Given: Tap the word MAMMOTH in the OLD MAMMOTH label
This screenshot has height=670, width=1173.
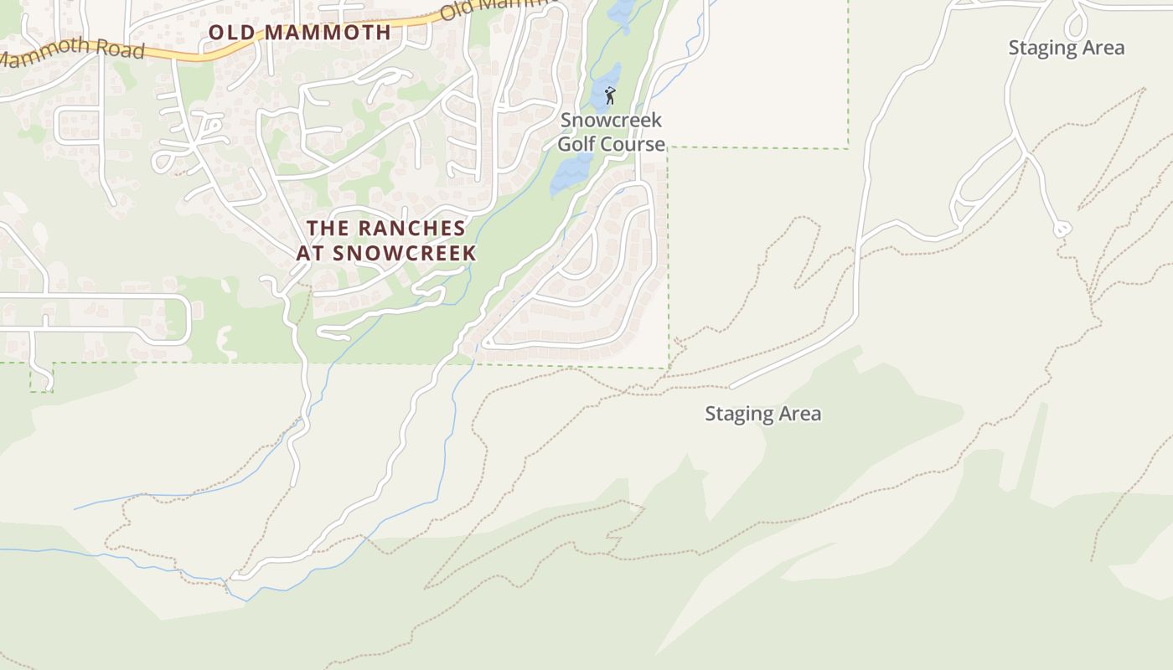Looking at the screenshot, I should click(x=327, y=33).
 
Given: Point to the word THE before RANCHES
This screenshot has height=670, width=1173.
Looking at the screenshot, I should click(x=325, y=228).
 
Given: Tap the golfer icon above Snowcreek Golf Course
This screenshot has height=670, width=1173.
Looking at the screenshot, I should click(x=610, y=95).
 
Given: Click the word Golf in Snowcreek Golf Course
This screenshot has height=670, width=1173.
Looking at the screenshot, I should click(x=576, y=144).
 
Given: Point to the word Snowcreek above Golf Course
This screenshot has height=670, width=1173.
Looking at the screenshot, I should click(x=611, y=121).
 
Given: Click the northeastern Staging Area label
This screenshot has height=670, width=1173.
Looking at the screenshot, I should click(x=1066, y=48).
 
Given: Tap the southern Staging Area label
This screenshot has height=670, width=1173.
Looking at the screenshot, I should click(x=762, y=414).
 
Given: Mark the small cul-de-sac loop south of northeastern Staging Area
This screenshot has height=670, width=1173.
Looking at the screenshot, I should click(x=1062, y=228).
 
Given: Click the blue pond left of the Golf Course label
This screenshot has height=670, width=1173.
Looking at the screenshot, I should click(x=570, y=174).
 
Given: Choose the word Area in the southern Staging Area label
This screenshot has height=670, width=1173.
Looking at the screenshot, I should click(x=799, y=414).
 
